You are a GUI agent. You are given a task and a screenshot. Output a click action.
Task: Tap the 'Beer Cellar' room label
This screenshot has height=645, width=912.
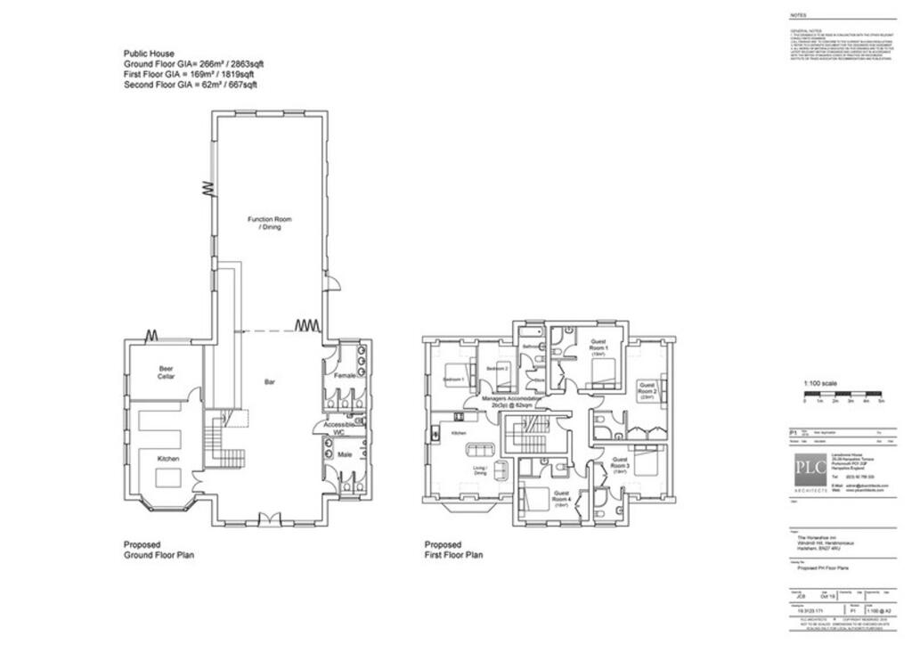(x=167, y=372)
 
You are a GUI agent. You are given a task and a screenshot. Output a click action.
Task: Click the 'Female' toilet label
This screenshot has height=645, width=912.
(x=345, y=376)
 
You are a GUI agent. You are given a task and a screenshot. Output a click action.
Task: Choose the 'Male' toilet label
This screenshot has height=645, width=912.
(x=345, y=455)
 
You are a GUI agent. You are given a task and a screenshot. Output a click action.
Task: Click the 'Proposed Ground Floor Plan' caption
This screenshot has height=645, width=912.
(x=158, y=550)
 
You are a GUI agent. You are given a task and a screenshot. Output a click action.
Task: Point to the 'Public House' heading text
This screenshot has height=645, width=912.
(x=149, y=54)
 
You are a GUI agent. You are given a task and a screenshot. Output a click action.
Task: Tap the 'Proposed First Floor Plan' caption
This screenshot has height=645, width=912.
(x=453, y=550)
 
